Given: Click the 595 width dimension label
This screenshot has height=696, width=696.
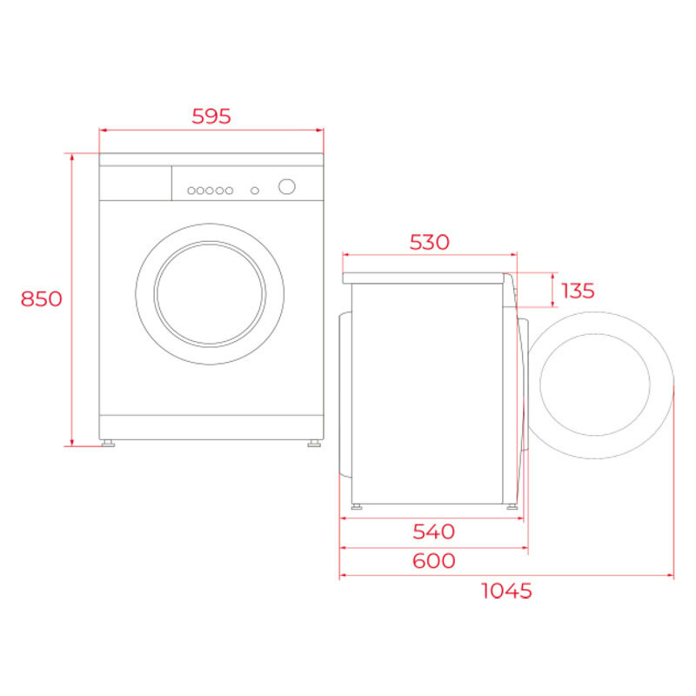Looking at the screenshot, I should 211,116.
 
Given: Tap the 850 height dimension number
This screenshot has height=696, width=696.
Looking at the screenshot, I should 42,298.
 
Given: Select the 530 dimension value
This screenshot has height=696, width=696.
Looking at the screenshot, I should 430,242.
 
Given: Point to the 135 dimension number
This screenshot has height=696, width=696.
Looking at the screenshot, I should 578,290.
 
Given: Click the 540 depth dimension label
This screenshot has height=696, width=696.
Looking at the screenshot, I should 432,531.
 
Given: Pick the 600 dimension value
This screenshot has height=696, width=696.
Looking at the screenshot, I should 432,560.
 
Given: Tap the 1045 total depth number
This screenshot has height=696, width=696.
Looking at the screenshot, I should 505,591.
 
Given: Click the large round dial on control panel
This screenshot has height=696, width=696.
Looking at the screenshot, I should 286,187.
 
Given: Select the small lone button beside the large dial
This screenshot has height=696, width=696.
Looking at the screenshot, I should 254,190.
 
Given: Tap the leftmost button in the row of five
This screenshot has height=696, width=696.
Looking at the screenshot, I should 191,190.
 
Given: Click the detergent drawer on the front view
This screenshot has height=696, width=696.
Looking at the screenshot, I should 135,183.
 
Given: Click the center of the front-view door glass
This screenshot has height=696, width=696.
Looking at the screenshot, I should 210,293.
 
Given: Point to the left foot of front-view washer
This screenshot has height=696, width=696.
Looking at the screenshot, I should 108,443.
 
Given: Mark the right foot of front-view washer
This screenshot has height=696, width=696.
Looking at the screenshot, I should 312,443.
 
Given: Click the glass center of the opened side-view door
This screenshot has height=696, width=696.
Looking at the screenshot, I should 594,385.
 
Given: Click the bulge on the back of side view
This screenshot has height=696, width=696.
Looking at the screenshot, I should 345,396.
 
